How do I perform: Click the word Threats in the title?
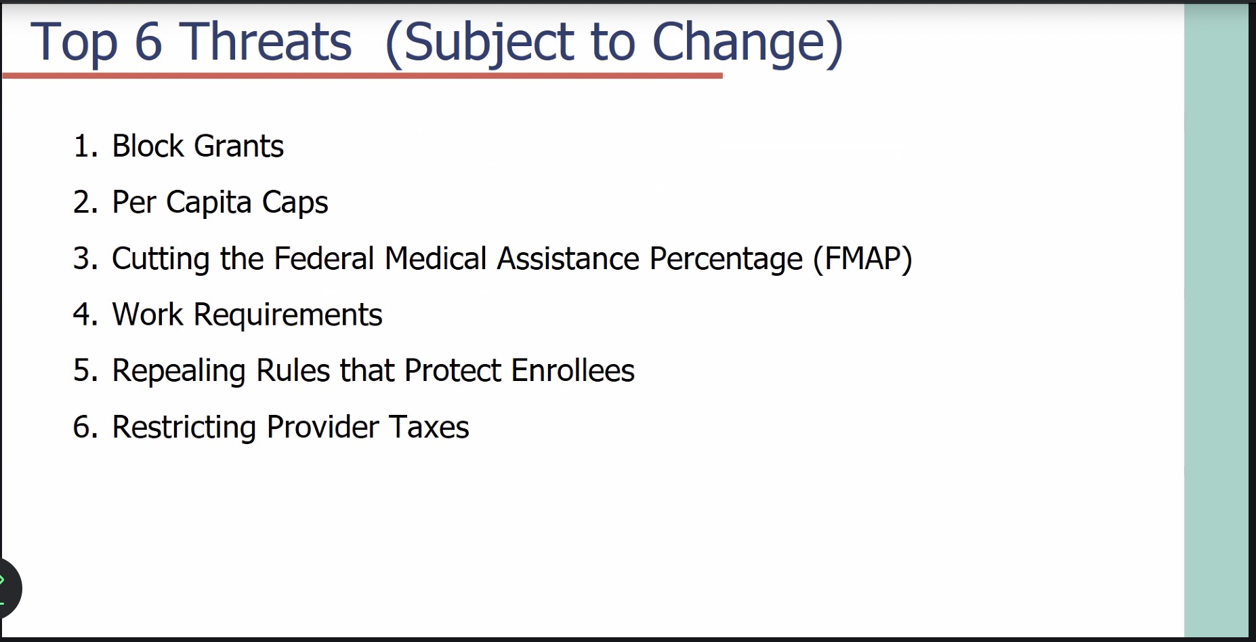click(266, 42)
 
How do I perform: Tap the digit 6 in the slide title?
click(148, 42)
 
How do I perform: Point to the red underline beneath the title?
click(362, 75)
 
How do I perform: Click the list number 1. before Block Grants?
click(86, 146)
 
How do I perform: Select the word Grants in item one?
click(238, 146)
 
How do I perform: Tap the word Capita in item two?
click(209, 203)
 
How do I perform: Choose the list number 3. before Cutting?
click(86, 258)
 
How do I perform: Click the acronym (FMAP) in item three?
click(862, 259)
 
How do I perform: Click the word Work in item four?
click(147, 315)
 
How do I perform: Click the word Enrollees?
click(572, 371)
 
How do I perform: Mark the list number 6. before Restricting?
click(86, 427)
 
